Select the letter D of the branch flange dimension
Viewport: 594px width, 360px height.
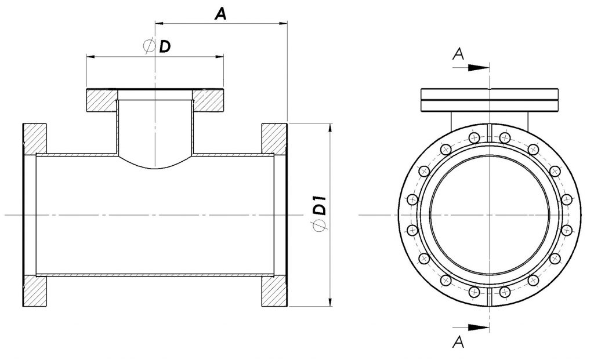coord(164,46)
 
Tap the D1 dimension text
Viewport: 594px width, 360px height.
coord(321,205)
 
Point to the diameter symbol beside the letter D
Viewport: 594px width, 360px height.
coord(149,46)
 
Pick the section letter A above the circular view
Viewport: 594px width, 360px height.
coord(458,54)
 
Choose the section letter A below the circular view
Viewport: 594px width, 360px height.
coord(458,342)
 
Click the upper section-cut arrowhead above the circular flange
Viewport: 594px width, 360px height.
coord(478,68)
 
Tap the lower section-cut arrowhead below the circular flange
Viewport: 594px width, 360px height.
coord(478,328)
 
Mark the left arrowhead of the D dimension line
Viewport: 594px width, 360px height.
coord(90,57)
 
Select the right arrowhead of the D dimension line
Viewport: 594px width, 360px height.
coord(219,57)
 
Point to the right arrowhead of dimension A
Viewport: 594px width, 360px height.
coord(283,23)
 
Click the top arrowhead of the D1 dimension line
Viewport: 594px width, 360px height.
coord(331,128)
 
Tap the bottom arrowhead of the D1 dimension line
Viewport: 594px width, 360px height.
coord(331,301)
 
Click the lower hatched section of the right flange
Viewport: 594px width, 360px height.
coord(274,291)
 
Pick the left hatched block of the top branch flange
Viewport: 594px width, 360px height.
coord(102,100)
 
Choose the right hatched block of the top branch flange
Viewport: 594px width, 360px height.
coord(208,100)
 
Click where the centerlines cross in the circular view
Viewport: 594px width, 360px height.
coord(490,214)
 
